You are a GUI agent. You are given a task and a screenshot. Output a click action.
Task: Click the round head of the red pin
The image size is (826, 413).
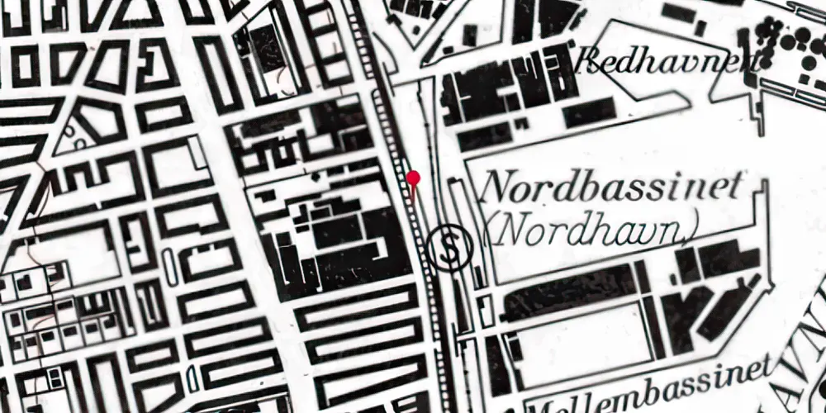coord(413,178)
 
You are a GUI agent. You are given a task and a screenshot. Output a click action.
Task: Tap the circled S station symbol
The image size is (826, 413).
coord(449,247)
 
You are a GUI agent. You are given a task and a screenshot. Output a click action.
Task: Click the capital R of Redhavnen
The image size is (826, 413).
coord(591,60)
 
